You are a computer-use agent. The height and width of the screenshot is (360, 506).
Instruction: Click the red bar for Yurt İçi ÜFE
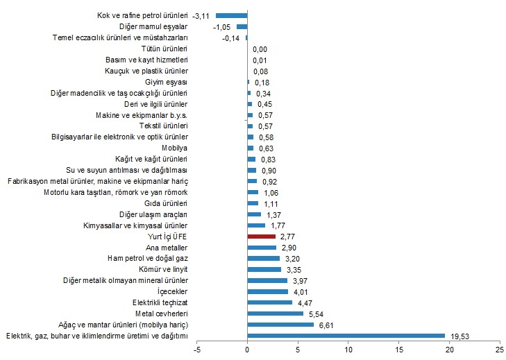[261, 237]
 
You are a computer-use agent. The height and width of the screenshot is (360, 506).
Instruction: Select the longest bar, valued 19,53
[346, 335]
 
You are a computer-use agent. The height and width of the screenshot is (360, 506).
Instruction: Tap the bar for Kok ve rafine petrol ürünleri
[231, 15]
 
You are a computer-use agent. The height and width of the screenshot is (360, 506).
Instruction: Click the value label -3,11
[202, 15]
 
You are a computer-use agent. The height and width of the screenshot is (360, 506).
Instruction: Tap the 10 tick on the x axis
[348, 351]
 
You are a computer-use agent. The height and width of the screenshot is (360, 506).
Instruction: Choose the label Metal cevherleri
[160, 314]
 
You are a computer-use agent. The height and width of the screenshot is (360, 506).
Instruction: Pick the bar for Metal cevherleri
[275, 314]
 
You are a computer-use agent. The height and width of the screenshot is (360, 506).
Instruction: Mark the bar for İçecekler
[267, 291]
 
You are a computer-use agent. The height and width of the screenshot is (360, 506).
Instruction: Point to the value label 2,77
[288, 237]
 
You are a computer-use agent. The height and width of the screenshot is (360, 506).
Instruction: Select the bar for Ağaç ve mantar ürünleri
[280, 325]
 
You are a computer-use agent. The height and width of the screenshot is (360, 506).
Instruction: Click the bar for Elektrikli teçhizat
[269, 302]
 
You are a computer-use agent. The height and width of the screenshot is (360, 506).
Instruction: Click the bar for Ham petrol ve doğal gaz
[263, 258]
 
